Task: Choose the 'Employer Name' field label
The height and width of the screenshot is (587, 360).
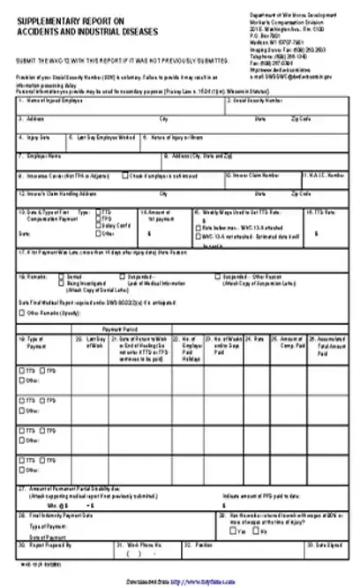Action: pos(42,155)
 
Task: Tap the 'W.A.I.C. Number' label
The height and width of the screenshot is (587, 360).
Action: pos(322,175)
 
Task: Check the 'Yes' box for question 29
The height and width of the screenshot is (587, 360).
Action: pos(232,532)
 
